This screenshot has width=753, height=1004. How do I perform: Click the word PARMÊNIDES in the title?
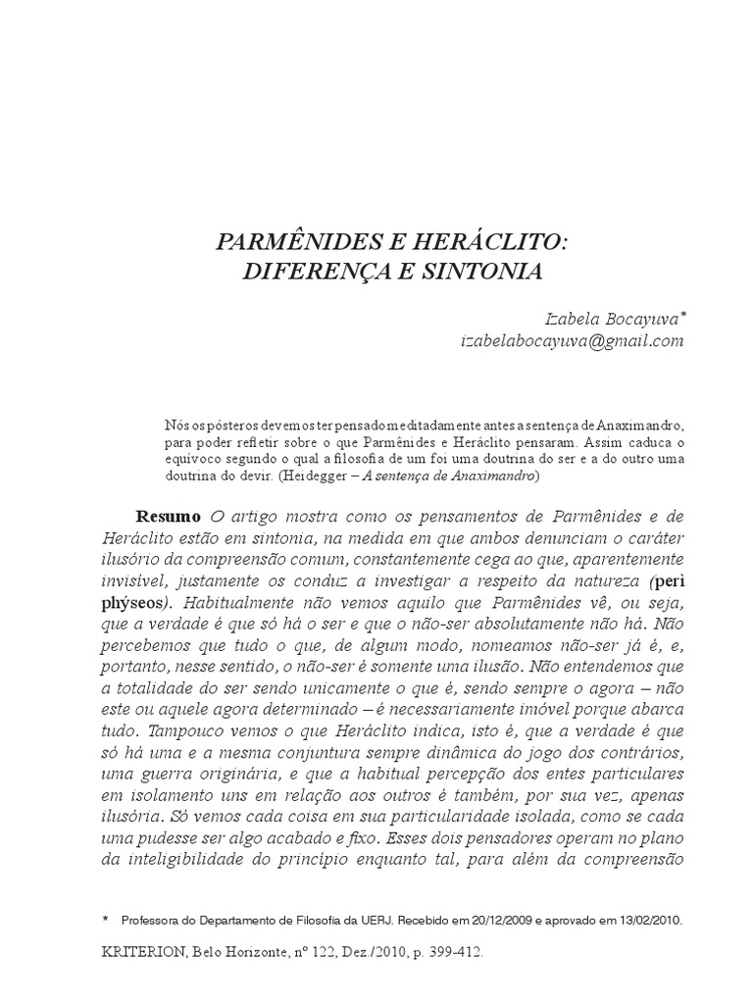pyautogui.click(x=290, y=240)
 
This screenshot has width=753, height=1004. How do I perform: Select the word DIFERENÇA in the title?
pyautogui.click(x=300, y=270)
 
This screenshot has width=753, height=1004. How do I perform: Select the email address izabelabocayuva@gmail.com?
pyautogui.click(x=571, y=340)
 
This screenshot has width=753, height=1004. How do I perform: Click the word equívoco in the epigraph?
pyautogui.click(x=195, y=460)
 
